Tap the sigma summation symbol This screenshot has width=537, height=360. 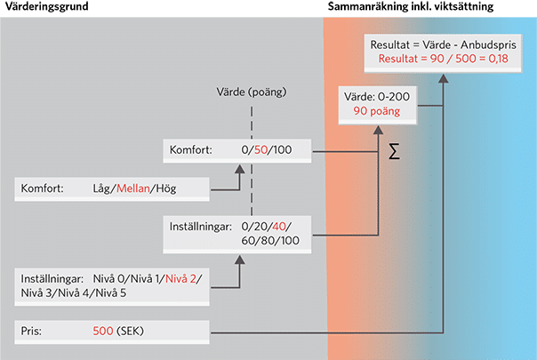(x=394, y=152)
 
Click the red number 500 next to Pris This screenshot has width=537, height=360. (x=103, y=332)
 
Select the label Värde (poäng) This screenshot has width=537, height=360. (x=252, y=92)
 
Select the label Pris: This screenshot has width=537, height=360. (x=32, y=332)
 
